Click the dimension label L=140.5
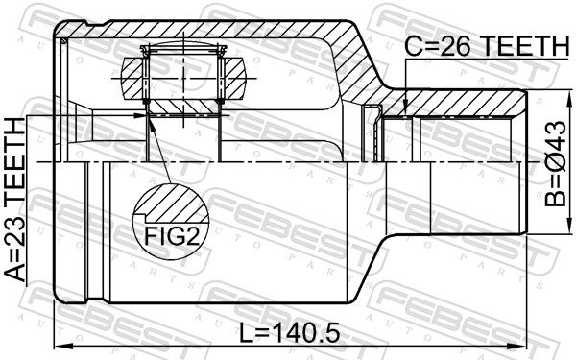tap(290, 333)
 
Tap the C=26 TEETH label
tap(487, 46)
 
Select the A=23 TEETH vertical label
tap(15, 200)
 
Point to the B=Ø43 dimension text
tap(556, 163)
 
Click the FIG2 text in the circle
tap(172, 236)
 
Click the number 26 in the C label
tap(455, 46)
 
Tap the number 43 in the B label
tap(556, 136)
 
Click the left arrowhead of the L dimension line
tap(62, 346)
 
